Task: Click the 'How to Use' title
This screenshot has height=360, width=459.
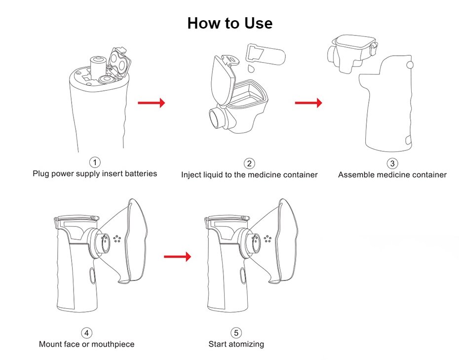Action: click(x=230, y=23)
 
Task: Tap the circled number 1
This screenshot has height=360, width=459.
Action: click(x=95, y=162)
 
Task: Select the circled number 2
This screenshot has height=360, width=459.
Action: click(x=249, y=163)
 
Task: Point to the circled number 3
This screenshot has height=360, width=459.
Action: click(x=392, y=163)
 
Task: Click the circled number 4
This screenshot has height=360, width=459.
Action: click(x=86, y=333)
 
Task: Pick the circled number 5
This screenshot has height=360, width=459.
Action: click(x=236, y=333)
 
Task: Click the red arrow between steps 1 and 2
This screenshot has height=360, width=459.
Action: click(x=152, y=103)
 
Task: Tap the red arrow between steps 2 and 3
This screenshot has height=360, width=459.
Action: click(x=308, y=103)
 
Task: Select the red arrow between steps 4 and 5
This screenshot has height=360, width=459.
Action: click(x=177, y=256)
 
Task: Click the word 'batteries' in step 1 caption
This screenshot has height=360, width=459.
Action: click(x=141, y=174)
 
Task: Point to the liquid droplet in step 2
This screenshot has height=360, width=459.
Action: click(x=251, y=69)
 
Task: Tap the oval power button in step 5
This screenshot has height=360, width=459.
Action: click(x=243, y=276)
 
